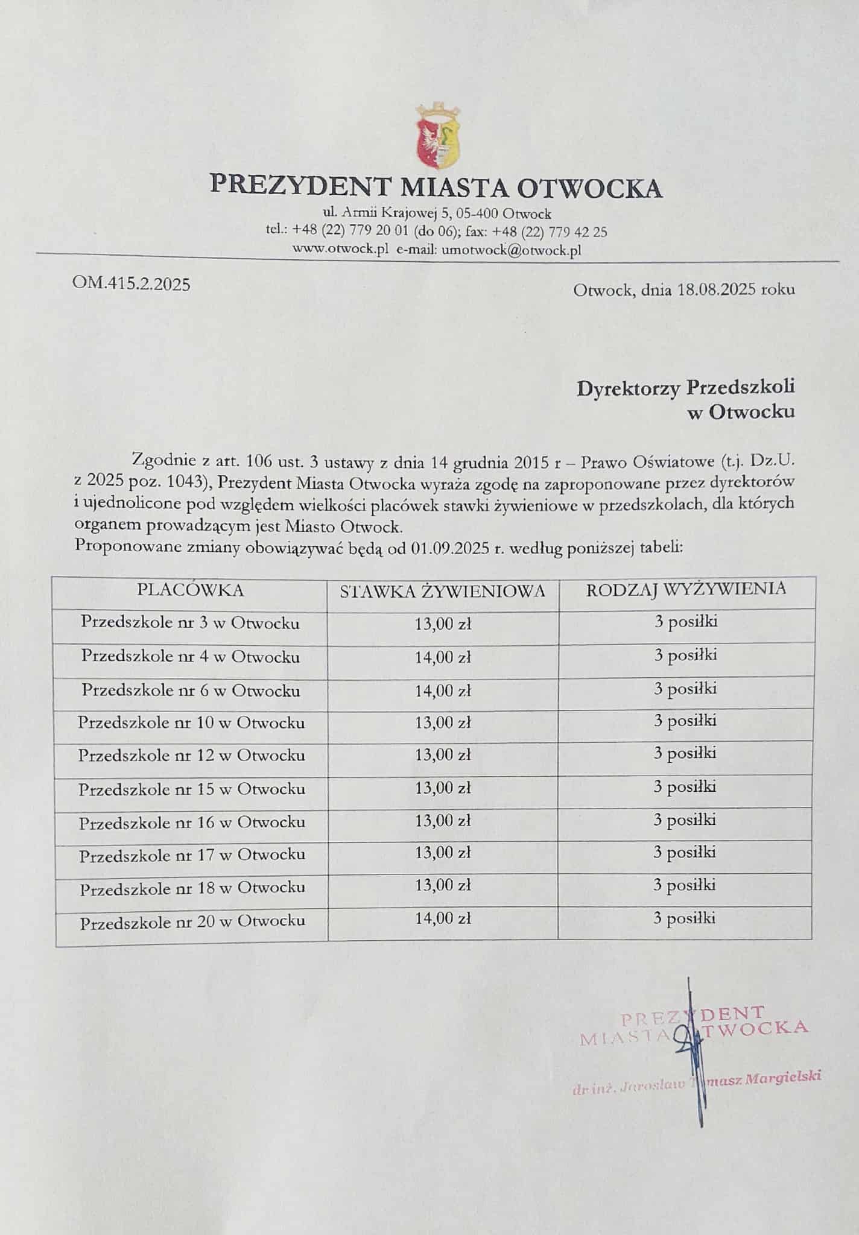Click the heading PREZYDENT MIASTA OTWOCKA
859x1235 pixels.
[436, 187]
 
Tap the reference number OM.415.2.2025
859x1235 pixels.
[131, 283]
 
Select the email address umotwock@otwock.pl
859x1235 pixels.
[511, 250]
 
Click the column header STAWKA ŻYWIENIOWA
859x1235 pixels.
[442, 592]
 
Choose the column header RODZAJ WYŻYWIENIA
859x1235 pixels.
[686, 589]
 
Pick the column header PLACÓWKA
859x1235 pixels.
[191, 590]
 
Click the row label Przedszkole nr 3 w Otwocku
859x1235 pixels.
[191, 623]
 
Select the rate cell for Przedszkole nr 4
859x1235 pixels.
[442, 658]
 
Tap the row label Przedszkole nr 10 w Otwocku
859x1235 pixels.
[191, 722]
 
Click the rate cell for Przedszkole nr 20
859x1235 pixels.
[442, 918]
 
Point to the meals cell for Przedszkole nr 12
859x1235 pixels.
[686, 753]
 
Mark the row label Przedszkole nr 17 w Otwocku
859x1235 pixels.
[192, 854]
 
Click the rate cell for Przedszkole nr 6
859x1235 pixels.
[442, 691]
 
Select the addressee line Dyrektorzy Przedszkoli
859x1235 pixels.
[685, 388]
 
